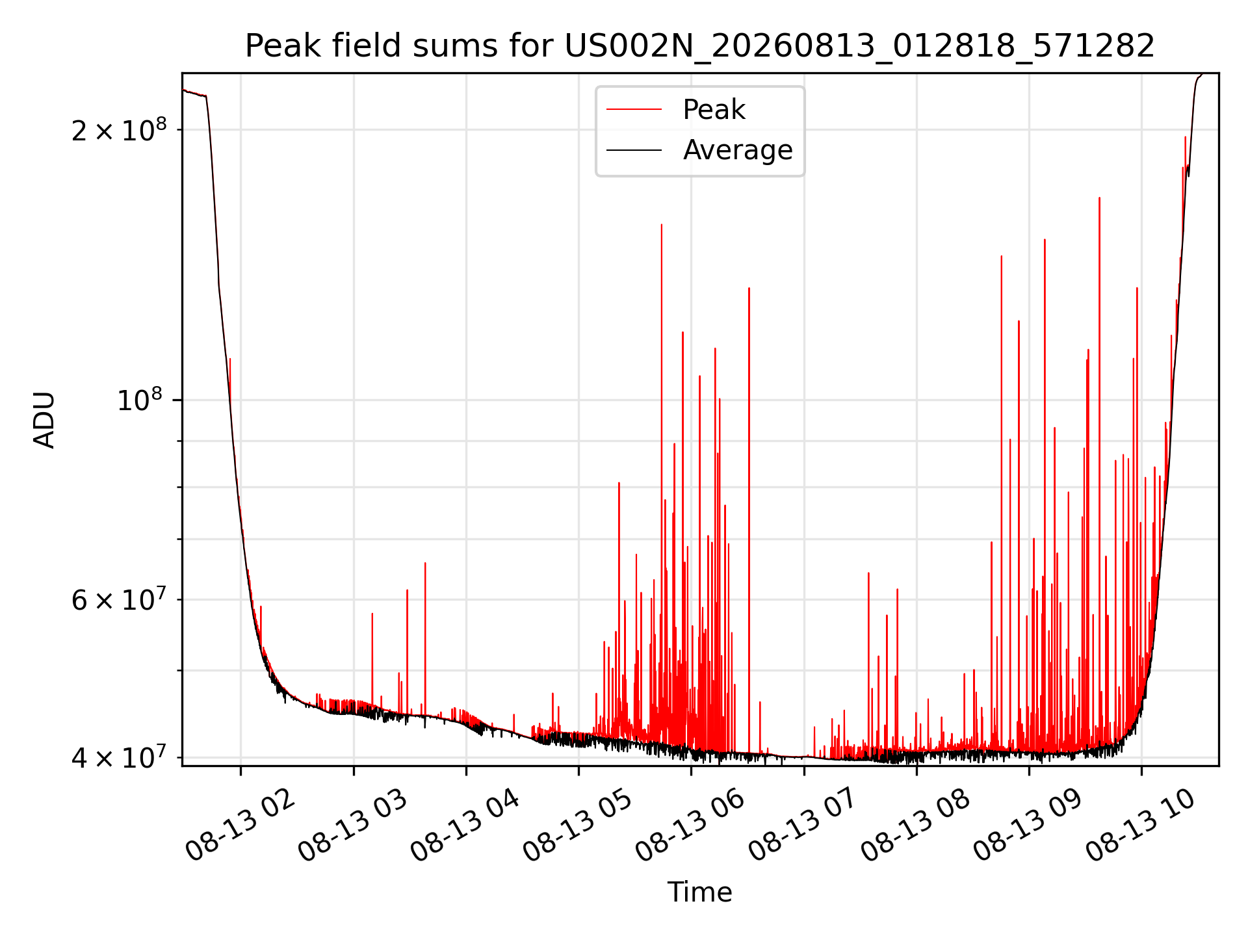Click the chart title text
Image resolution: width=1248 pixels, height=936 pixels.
(700, 46)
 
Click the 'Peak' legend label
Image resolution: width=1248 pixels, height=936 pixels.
(714, 110)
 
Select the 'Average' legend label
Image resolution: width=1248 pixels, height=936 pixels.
(738, 150)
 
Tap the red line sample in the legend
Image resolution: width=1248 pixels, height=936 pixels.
(634, 110)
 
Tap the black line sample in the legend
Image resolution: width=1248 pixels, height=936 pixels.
(634, 150)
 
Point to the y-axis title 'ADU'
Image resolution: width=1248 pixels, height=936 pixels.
(44, 420)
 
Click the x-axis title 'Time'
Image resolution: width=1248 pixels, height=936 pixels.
(700, 892)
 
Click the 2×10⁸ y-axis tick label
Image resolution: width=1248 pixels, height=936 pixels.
(119, 130)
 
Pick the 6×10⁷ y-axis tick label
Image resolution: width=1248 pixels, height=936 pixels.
(119, 599)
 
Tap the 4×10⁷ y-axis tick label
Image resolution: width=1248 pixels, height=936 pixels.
(119, 757)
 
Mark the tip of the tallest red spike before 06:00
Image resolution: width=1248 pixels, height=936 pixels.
(662, 225)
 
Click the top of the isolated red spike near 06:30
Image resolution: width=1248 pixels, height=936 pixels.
(749, 288)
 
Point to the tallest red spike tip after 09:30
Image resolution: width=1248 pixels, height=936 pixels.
(1099, 198)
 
